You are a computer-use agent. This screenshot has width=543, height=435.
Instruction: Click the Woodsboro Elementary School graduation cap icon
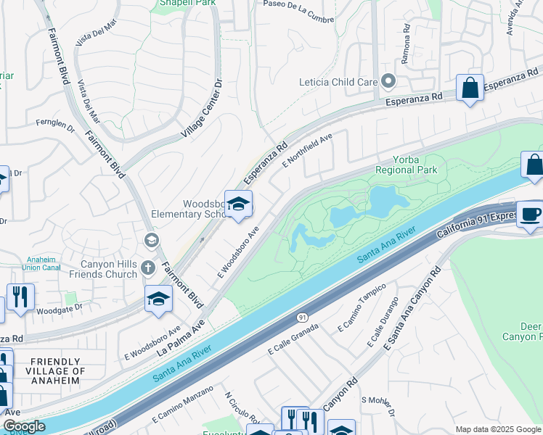click(237, 204)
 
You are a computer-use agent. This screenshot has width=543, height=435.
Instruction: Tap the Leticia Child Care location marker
click(388, 81)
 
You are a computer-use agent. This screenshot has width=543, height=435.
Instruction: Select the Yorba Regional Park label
click(406, 165)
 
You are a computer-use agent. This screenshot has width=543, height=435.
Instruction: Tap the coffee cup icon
click(530, 213)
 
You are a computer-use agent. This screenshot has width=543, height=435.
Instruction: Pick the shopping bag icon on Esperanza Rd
click(470, 88)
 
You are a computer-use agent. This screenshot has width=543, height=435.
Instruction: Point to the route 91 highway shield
click(301, 318)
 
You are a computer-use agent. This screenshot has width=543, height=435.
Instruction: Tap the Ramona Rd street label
click(406, 38)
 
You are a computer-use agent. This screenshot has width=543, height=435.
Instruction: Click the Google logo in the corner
click(23, 426)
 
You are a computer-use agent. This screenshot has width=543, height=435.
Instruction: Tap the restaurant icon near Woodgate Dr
click(20, 297)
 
